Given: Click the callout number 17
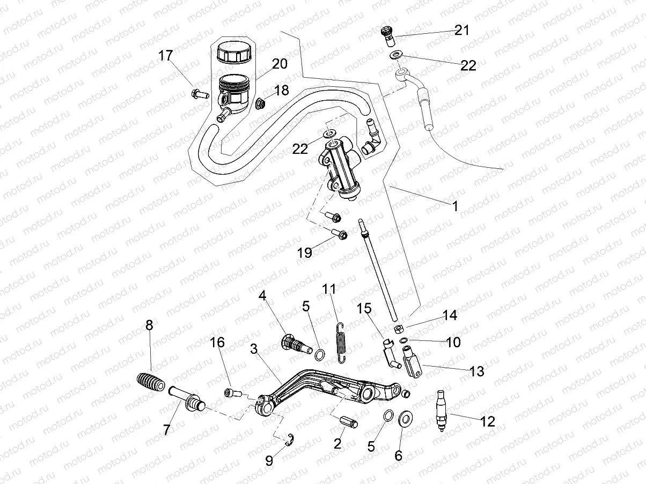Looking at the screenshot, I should [x=165, y=55].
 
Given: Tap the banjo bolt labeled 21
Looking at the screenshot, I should [x=387, y=35].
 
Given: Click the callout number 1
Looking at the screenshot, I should [x=455, y=205].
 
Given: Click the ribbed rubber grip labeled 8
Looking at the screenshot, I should [x=150, y=384].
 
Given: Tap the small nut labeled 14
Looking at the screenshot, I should [x=399, y=328].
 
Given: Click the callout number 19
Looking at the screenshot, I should [x=305, y=252].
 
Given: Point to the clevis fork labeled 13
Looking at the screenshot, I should [x=412, y=362].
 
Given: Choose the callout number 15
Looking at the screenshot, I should [x=365, y=309].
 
